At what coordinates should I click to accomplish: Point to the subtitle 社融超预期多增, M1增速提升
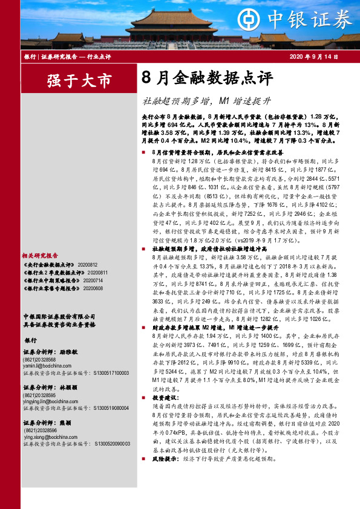click(x=206, y=100)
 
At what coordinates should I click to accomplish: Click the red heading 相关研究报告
click(x=41, y=239)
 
